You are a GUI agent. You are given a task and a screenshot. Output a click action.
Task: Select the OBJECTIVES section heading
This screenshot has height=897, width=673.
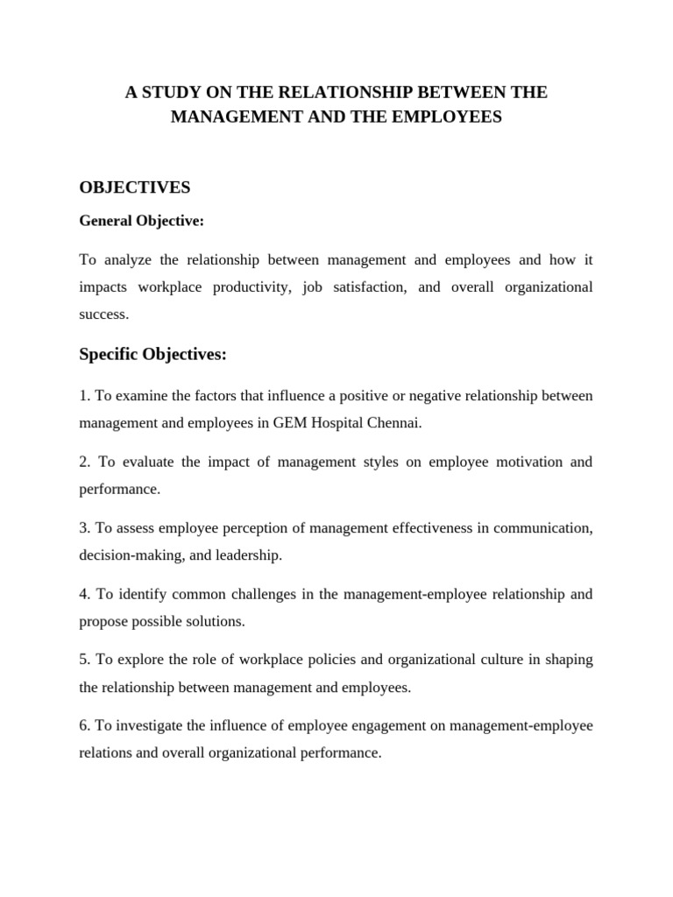pos(134,187)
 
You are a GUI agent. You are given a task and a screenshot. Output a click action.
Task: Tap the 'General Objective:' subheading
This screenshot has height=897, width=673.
pos(141,222)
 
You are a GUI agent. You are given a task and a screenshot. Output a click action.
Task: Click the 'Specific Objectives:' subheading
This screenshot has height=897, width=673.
pos(152,354)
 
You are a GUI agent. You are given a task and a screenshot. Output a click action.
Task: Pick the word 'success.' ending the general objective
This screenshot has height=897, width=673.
pos(103,314)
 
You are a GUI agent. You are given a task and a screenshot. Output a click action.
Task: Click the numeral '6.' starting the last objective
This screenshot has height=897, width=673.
pos(85,726)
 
